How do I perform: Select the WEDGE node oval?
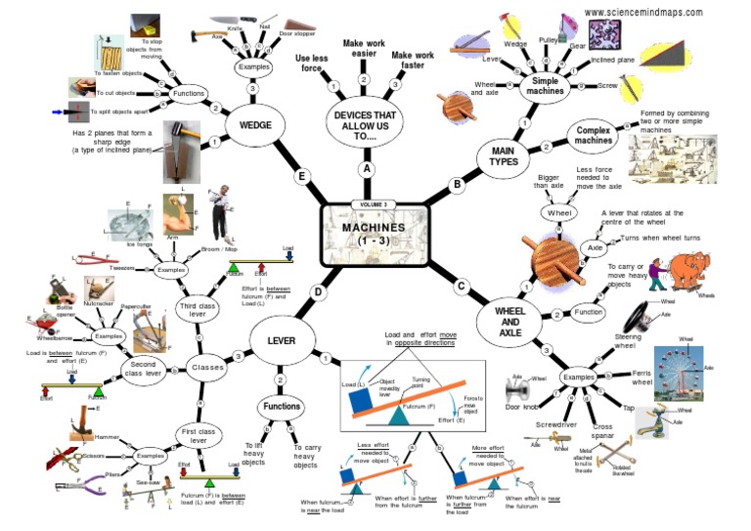[255, 125]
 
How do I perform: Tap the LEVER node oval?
[280, 338]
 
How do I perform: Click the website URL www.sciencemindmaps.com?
[642, 12]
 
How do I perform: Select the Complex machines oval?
[593, 134]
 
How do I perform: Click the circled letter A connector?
[368, 168]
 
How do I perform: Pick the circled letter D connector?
[318, 291]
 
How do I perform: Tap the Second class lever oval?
[136, 369]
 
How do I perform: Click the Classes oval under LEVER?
[206, 369]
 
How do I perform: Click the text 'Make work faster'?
[412, 61]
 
